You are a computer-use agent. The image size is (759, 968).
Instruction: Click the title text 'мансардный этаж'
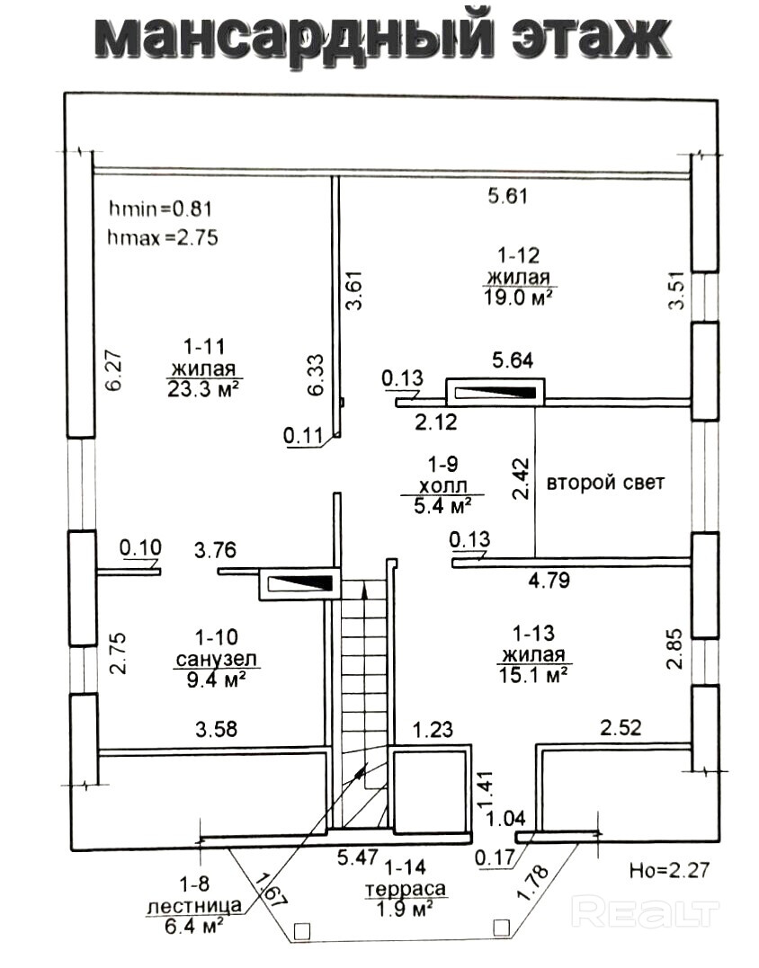(x=382, y=37)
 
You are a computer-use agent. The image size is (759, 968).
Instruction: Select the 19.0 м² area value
(x=518, y=296)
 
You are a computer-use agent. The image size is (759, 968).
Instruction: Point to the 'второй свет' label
(x=605, y=483)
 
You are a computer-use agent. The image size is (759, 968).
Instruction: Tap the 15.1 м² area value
(x=533, y=675)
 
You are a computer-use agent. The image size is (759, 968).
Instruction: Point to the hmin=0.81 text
(x=159, y=209)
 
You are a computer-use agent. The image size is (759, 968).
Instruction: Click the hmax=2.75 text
(x=163, y=238)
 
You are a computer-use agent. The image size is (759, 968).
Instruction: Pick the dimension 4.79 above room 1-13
(x=549, y=581)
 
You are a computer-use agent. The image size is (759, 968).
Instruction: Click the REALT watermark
(x=647, y=913)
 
